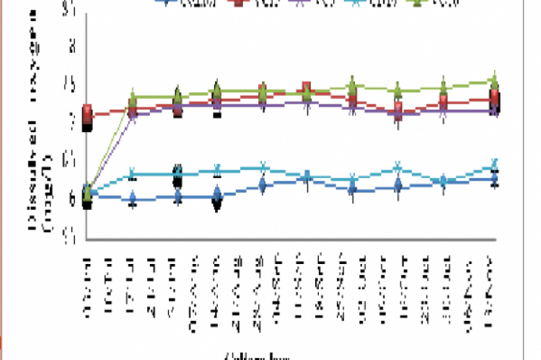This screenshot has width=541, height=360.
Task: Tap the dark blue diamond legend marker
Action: [x=168, y=3]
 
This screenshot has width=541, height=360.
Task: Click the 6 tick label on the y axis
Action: [x=71, y=199]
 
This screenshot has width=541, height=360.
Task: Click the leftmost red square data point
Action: [x=87, y=113]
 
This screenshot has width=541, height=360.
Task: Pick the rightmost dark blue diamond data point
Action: [x=494, y=178]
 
